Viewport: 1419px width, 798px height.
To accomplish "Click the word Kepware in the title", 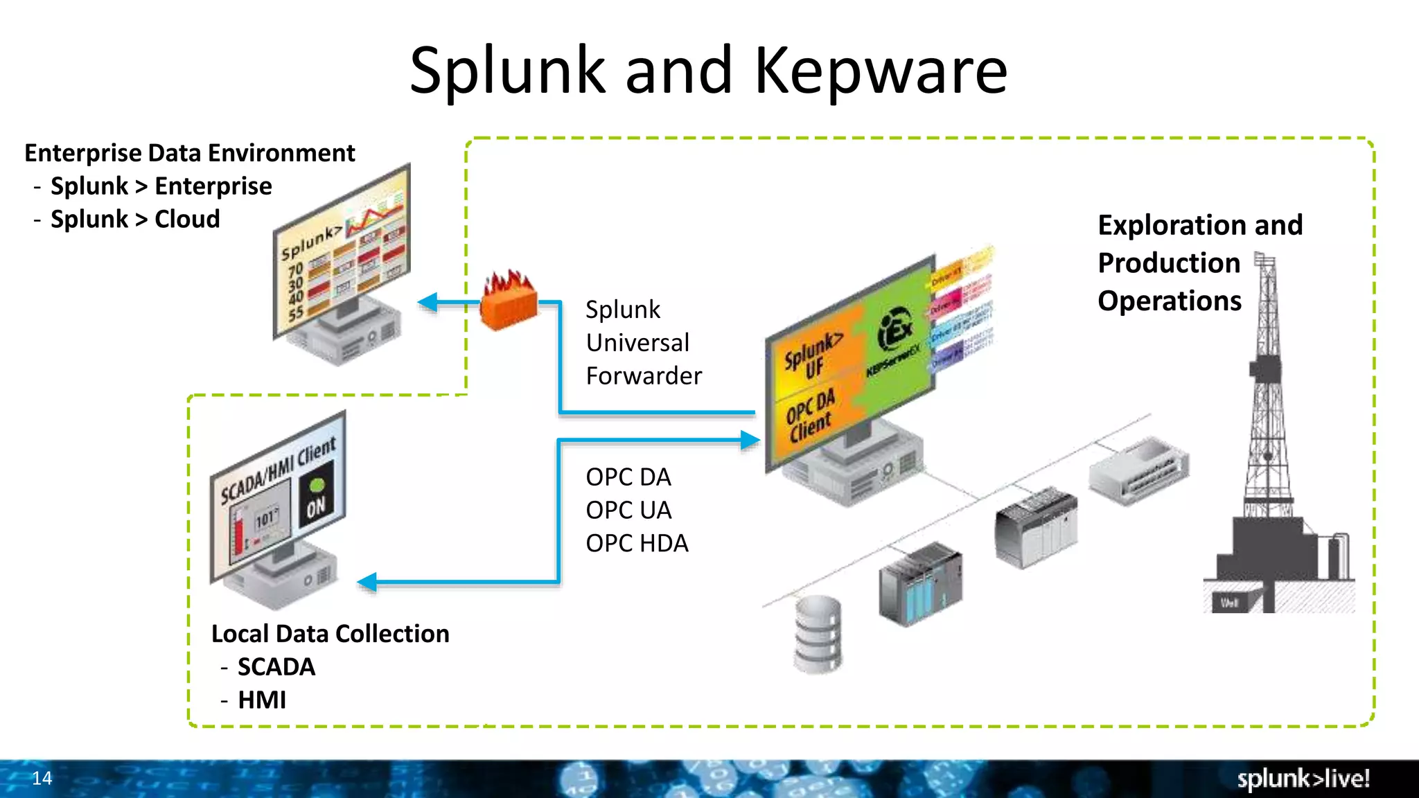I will click(x=880, y=71).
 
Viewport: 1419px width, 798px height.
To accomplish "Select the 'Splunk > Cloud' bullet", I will click(x=136, y=220).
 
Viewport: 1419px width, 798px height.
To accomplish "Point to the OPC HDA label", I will click(x=637, y=543).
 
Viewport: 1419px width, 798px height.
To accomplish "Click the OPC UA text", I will click(x=628, y=510).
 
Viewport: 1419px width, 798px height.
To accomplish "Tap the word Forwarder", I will click(x=644, y=375).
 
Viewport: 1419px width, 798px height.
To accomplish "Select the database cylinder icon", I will click(x=818, y=634).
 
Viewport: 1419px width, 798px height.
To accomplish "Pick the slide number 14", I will click(x=42, y=778).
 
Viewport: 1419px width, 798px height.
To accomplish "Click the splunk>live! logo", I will click(x=1303, y=779).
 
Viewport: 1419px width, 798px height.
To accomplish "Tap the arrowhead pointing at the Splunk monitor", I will click(x=428, y=302).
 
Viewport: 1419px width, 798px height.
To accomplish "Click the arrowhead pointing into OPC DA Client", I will click(x=750, y=440).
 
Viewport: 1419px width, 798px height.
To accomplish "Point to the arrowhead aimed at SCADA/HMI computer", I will click(x=368, y=582).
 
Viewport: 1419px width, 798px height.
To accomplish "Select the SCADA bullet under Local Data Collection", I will click(x=276, y=666).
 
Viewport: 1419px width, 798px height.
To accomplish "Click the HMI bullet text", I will click(x=262, y=700).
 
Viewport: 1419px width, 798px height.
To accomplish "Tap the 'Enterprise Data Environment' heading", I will click(x=189, y=153).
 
